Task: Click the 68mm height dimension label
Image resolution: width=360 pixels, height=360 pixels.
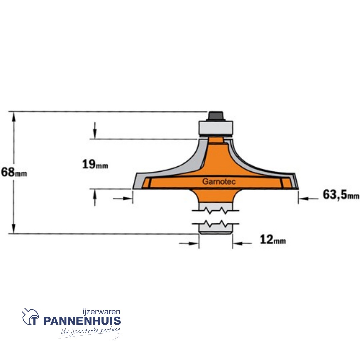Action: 14,172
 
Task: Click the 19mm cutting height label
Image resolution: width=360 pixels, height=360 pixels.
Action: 95,164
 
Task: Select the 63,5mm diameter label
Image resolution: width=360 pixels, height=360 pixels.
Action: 341,195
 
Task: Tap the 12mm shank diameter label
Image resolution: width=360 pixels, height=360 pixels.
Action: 273,240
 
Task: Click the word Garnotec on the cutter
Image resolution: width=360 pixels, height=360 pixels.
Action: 219,182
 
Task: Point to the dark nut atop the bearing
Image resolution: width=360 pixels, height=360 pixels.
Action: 216,116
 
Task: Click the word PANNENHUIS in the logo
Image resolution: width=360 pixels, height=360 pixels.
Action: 82,321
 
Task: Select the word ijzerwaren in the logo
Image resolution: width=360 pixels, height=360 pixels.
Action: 101,312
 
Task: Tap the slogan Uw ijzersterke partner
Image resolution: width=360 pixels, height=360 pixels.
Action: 90,332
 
